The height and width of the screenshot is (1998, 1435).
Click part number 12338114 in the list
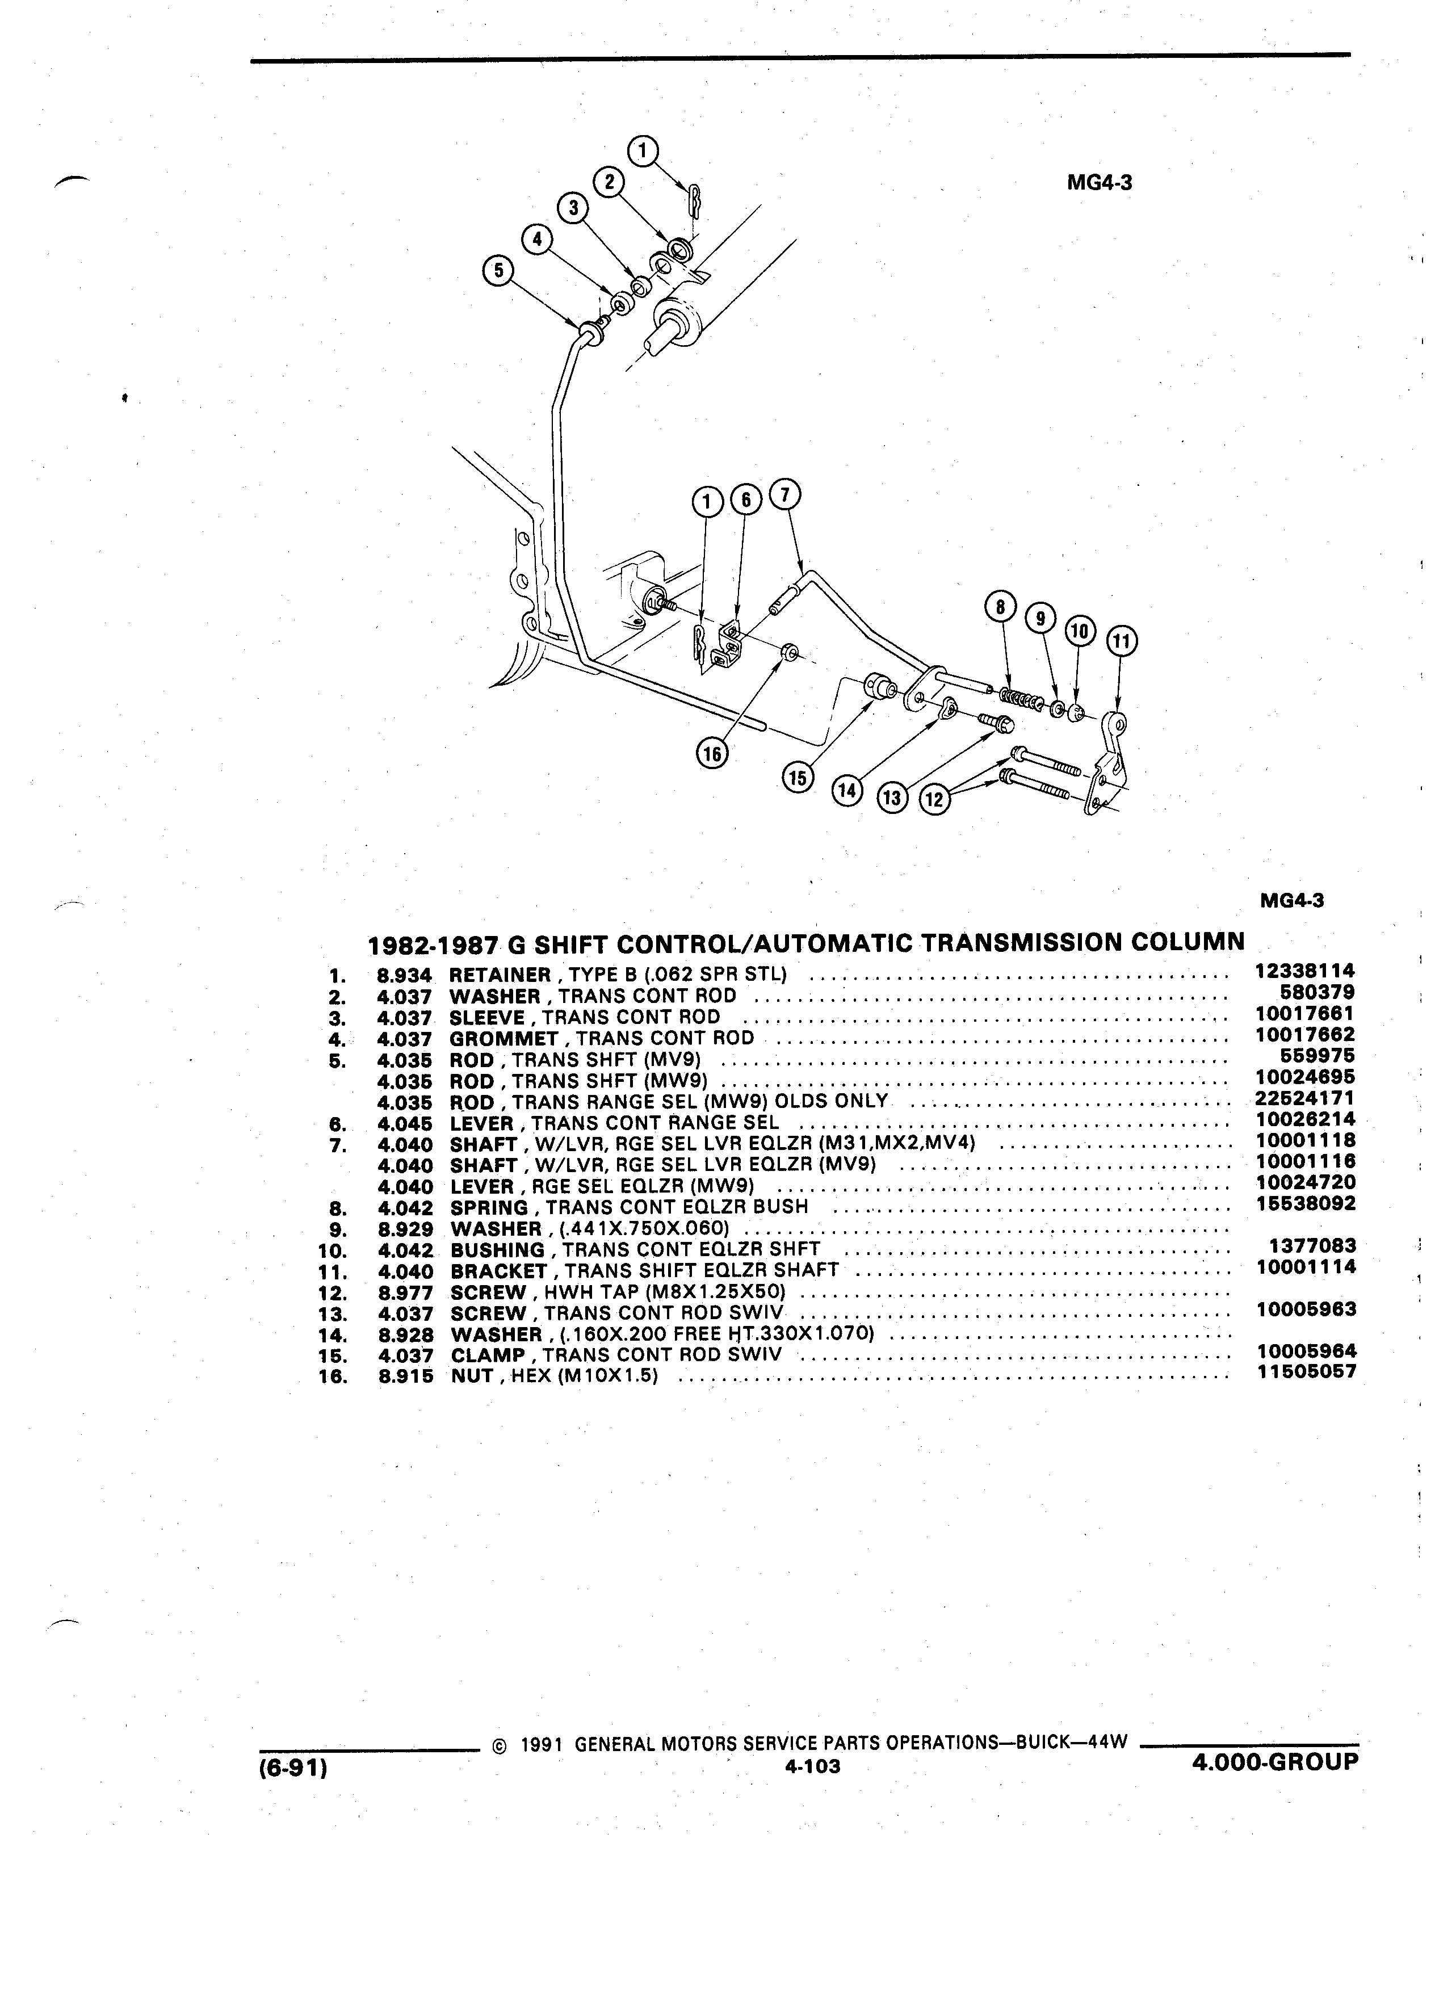(x=1304, y=971)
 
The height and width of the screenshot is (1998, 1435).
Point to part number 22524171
(x=1304, y=1098)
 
